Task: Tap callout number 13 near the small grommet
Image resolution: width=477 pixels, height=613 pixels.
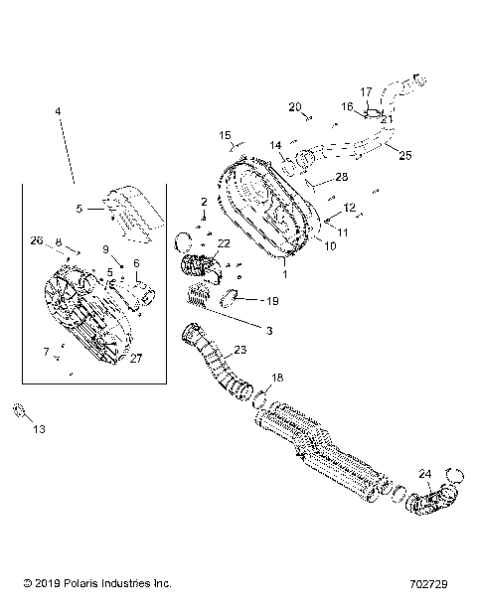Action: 39,429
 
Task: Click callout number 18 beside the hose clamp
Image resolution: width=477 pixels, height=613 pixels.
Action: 277,378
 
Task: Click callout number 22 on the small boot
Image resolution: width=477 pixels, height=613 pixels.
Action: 224,243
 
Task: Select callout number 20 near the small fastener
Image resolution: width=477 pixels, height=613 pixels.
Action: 295,106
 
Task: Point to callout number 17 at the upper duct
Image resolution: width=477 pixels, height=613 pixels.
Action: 366,91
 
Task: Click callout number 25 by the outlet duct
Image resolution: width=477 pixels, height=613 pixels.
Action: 403,155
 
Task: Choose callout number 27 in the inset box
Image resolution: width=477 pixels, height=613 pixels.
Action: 135,359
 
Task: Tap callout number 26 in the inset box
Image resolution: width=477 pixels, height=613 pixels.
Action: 36,239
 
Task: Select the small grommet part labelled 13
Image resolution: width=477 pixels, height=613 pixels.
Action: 18,409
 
